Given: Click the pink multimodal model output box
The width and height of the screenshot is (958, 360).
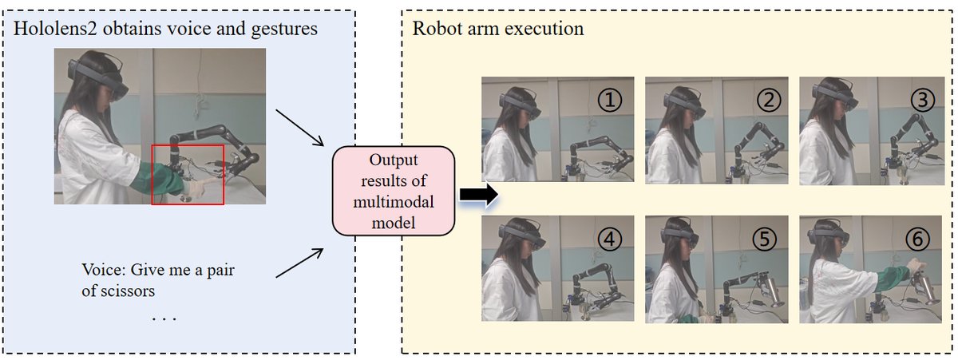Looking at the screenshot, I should (x=394, y=190).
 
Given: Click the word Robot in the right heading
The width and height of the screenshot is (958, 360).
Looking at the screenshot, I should (x=433, y=30).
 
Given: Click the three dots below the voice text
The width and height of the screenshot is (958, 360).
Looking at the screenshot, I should (x=164, y=319).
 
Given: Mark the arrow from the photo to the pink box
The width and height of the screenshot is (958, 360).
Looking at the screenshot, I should (x=299, y=126).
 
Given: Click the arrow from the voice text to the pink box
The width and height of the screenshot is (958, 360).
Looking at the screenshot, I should (x=299, y=264).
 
